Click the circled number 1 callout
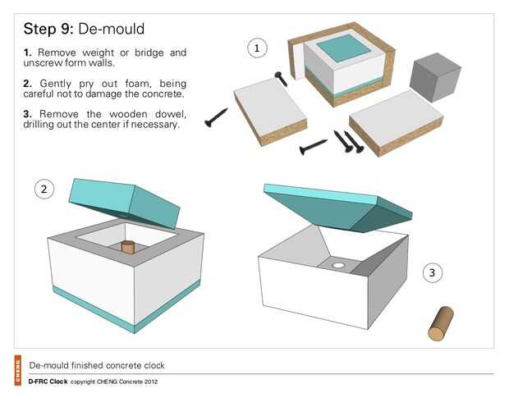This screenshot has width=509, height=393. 257,48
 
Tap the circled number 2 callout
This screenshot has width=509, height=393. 44,190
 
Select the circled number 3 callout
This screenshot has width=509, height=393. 433,272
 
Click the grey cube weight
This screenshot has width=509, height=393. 434,77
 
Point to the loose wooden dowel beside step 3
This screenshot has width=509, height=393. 441,323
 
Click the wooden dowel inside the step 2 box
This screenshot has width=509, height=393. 127,247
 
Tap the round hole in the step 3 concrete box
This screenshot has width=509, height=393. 338,266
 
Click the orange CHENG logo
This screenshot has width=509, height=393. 17,370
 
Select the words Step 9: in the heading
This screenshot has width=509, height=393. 48,29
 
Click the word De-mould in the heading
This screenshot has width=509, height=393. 112,29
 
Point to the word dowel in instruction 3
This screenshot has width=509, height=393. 171,114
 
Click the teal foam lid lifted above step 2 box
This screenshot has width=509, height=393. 125,203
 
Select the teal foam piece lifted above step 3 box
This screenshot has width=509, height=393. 338,208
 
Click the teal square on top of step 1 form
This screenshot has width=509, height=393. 344,48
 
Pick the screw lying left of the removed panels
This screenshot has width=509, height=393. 216,118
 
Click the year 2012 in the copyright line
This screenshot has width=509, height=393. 151,382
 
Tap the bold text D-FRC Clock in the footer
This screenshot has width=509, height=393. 48,382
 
